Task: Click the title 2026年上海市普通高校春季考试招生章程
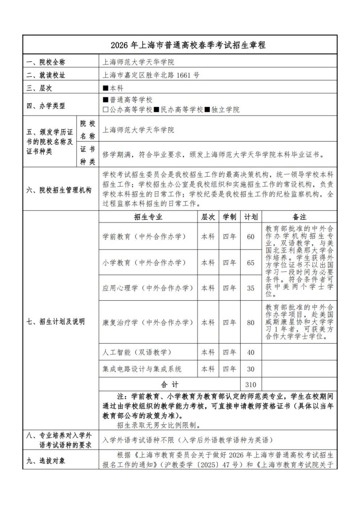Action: point(180,45)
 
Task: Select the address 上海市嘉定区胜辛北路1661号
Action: point(151,75)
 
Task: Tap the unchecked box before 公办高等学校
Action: point(106,109)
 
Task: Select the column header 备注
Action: point(299,217)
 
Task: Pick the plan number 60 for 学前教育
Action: point(251,236)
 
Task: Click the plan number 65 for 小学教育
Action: point(251,263)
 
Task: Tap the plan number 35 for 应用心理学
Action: point(251,288)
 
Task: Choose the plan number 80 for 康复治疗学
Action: point(251,322)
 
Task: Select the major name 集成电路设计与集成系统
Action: point(142,369)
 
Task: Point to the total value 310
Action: point(251,385)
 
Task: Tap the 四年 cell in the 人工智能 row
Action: point(229,352)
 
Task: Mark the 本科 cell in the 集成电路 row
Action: point(208,369)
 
